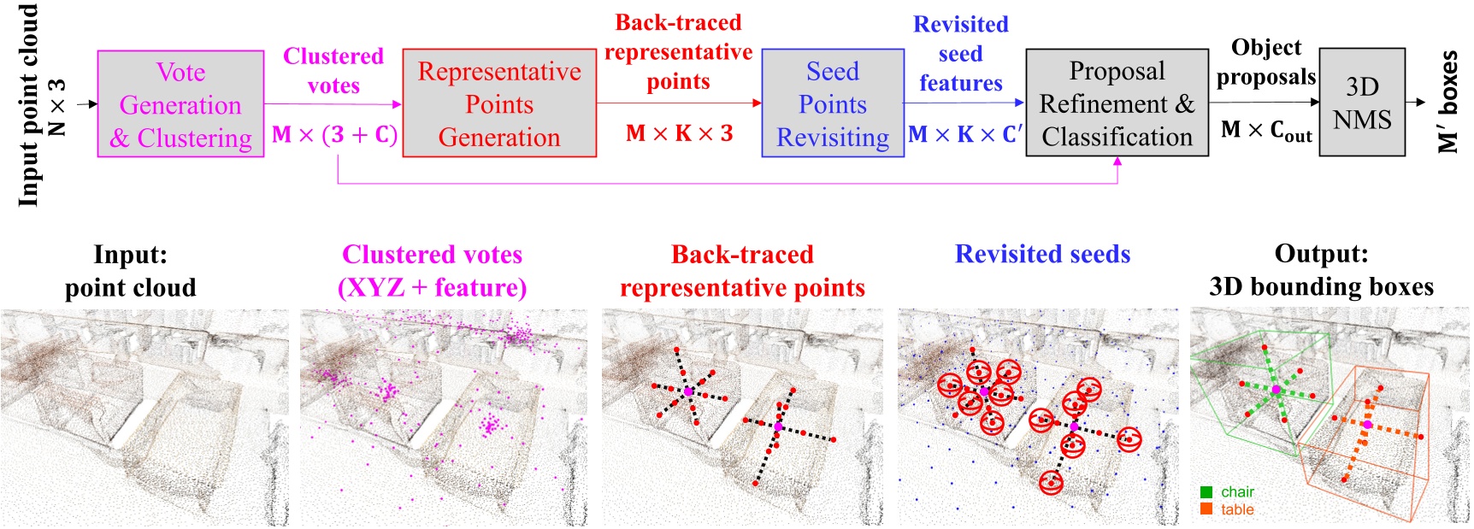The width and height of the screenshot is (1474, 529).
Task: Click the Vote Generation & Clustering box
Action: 180,103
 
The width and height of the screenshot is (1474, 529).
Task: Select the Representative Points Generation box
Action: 499,103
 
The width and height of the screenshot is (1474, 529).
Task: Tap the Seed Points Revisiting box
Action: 832,103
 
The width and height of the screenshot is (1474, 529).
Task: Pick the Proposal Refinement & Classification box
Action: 1117,103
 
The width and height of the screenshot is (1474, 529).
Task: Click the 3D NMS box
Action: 1362,103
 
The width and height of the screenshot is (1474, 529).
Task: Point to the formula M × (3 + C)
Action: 334,135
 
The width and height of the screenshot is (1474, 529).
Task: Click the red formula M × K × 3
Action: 679,133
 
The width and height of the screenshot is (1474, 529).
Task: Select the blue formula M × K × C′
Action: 964,134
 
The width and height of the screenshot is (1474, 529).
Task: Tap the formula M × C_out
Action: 1265,131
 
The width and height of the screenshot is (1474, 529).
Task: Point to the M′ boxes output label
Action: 1447,103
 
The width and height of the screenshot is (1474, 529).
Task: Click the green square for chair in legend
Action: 1206,492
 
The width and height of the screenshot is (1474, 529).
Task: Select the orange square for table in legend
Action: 1206,509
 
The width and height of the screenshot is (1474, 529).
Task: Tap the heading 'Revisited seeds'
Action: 1042,254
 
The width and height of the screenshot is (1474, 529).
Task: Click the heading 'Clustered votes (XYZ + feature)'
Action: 433,271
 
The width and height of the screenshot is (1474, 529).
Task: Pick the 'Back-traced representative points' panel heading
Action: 742,271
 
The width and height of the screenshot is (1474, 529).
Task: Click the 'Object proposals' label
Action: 1265,62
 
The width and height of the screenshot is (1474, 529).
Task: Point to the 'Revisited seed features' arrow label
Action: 961,54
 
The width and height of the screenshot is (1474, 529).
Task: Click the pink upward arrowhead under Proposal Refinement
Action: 1117,162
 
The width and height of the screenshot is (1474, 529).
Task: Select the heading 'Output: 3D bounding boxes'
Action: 1321,270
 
